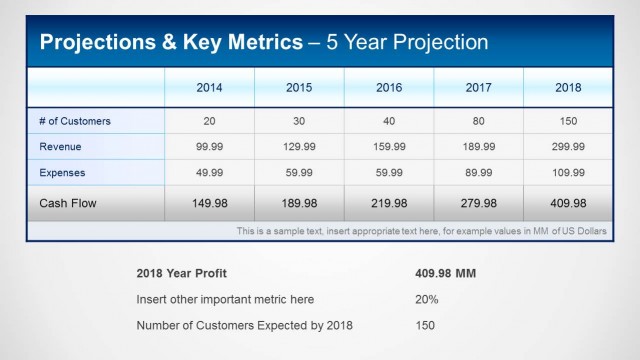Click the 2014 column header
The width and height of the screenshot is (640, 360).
pos(209,87)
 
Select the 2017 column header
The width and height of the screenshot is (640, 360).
pos(478,87)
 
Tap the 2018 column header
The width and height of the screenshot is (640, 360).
pos(568,87)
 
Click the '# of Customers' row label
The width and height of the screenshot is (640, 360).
pos(75,121)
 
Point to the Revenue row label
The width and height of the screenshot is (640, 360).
pos(61,147)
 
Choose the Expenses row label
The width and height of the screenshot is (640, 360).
pos(63,172)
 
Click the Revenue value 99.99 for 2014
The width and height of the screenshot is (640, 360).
pos(209,147)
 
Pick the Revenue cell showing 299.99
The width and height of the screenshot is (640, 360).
pos(568,147)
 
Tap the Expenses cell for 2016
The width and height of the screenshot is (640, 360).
pos(389,172)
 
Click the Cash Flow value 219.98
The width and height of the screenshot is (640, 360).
pos(389,203)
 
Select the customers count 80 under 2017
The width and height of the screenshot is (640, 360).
pos(478,121)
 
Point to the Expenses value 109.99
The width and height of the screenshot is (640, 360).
pos(568,172)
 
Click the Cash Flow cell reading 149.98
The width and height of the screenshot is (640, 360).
pos(209,203)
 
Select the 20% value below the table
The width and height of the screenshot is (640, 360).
pos(426,299)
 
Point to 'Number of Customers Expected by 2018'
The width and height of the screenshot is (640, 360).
pos(244,325)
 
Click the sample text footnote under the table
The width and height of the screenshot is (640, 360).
pos(421,231)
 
